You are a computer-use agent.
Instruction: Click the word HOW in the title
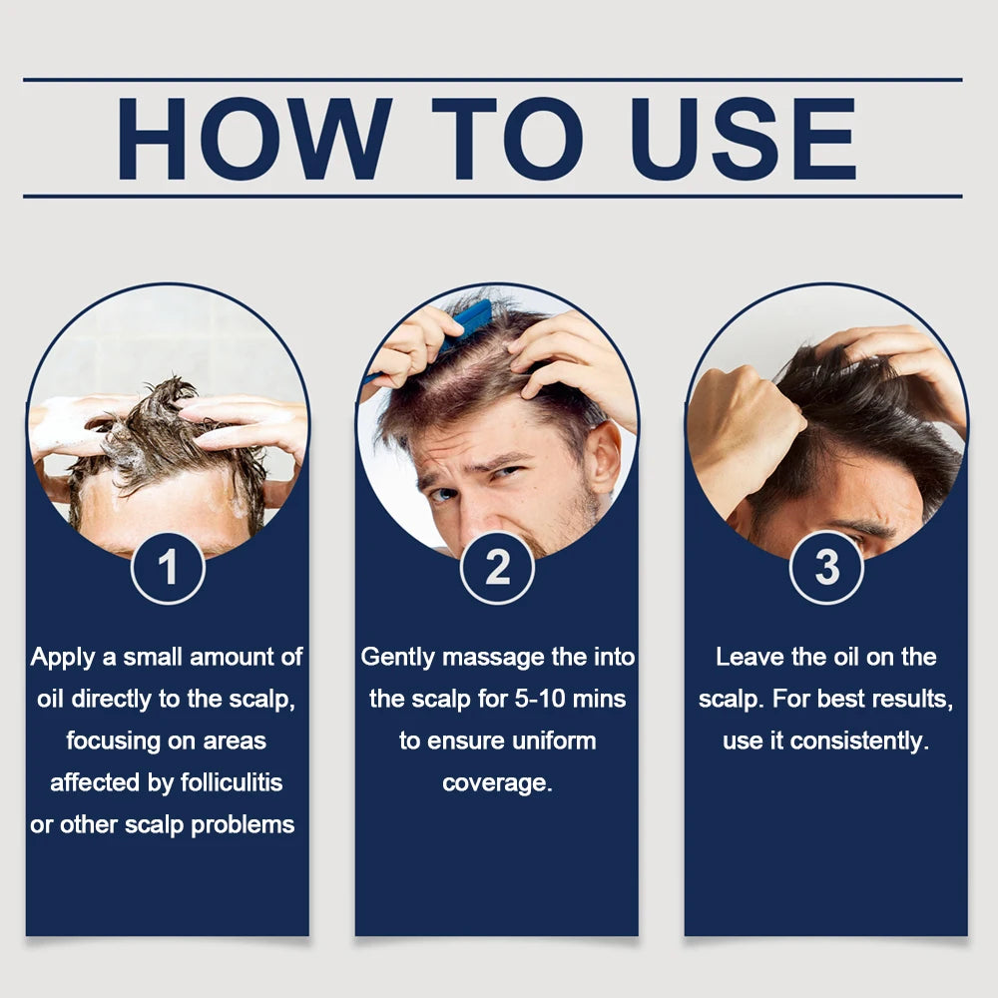pyautogui.click(x=253, y=139)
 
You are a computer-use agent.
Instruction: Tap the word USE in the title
pyautogui.click(x=743, y=139)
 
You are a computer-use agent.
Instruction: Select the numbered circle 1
pyautogui.click(x=168, y=568)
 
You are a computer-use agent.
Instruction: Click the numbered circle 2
pyautogui.click(x=497, y=568)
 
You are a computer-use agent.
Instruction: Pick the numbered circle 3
pyautogui.click(x=826, y=567)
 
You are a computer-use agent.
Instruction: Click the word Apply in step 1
pyautogui.click(x=62, y=658)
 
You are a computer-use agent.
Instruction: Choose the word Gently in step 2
pyautogui.click(x=397, y=658)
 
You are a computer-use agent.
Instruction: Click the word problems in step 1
pyautogui.click(x=243, y=825)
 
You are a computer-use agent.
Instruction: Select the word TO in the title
pyautogui.click(x=507, y=139)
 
